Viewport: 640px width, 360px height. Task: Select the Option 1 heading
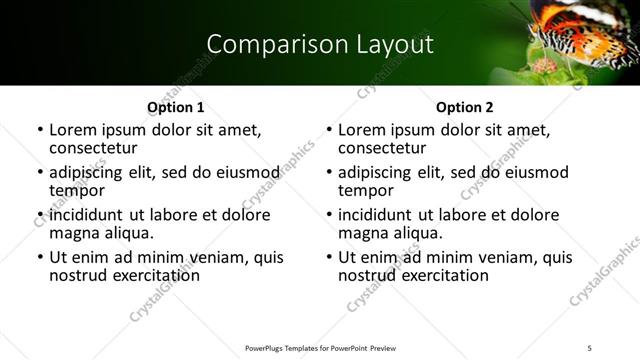pyautogui.click(x=175, y=107)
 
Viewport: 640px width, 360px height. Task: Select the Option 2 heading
pyautogui.click(x=465, y=107)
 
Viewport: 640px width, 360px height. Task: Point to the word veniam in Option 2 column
pyautogui.click(x=481, y=257)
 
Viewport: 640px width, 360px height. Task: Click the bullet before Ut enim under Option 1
pyautogui.click(x=39, y=257)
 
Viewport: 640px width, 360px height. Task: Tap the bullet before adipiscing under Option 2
pyautogui.click(x=328, y=172)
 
